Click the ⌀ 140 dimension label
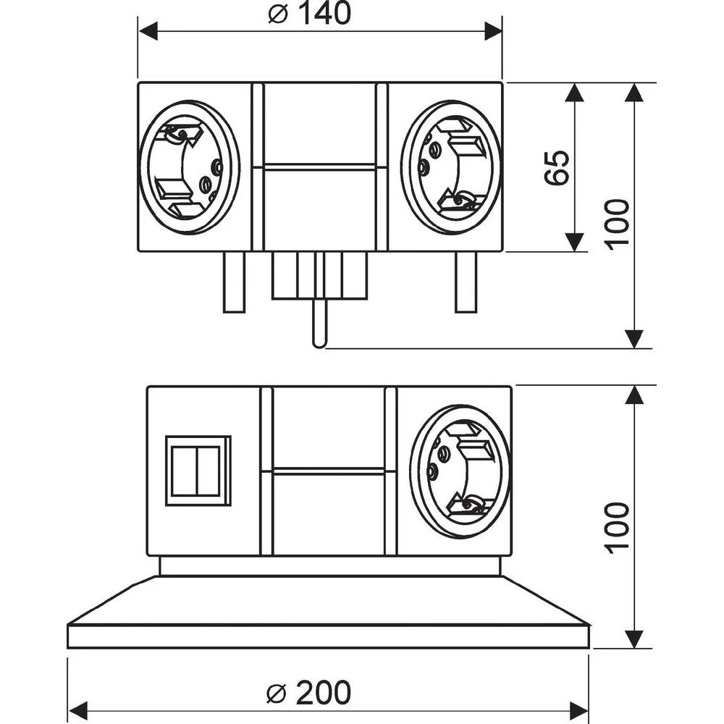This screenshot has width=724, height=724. (309, 14)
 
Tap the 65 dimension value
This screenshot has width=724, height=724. (557, 168)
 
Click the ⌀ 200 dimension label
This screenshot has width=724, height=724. (309, 693)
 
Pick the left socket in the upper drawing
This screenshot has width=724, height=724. (188, 168)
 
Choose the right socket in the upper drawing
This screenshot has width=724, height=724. (451, 168)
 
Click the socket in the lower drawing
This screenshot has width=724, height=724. (460, 471)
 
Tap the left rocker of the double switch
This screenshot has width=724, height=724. (184, 471)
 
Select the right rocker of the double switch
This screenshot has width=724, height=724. (209, 471)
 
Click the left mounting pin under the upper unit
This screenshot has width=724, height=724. (234, 282)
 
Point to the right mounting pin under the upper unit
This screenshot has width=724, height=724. (466, 282)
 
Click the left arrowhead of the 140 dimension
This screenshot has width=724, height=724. (148, 30)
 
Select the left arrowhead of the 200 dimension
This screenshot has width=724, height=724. (77, 708)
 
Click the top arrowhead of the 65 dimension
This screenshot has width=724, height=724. (574, 92)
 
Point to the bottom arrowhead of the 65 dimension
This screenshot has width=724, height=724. (574, 243)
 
